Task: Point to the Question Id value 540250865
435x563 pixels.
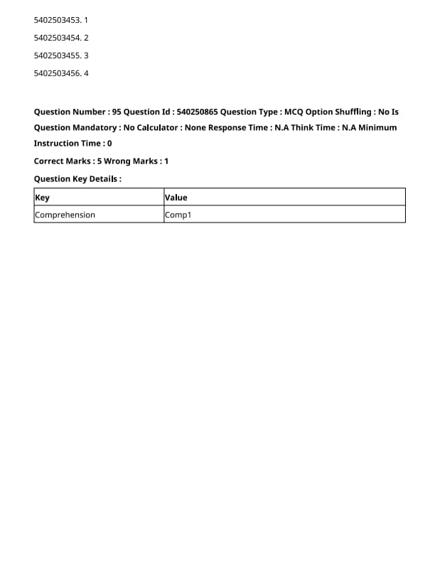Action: (197, 112)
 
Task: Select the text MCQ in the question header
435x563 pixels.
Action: (293, 112)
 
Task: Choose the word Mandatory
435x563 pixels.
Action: (95, 128)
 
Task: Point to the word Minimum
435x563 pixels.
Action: (378, 128)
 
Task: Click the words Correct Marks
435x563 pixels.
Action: (63, 161)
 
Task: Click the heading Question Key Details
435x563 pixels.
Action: (77, 179)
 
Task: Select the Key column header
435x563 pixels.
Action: (43, 198)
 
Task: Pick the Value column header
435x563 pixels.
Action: (176, 198)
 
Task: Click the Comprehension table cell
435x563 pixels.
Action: (65, 215)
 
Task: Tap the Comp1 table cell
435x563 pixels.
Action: (178, 215)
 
